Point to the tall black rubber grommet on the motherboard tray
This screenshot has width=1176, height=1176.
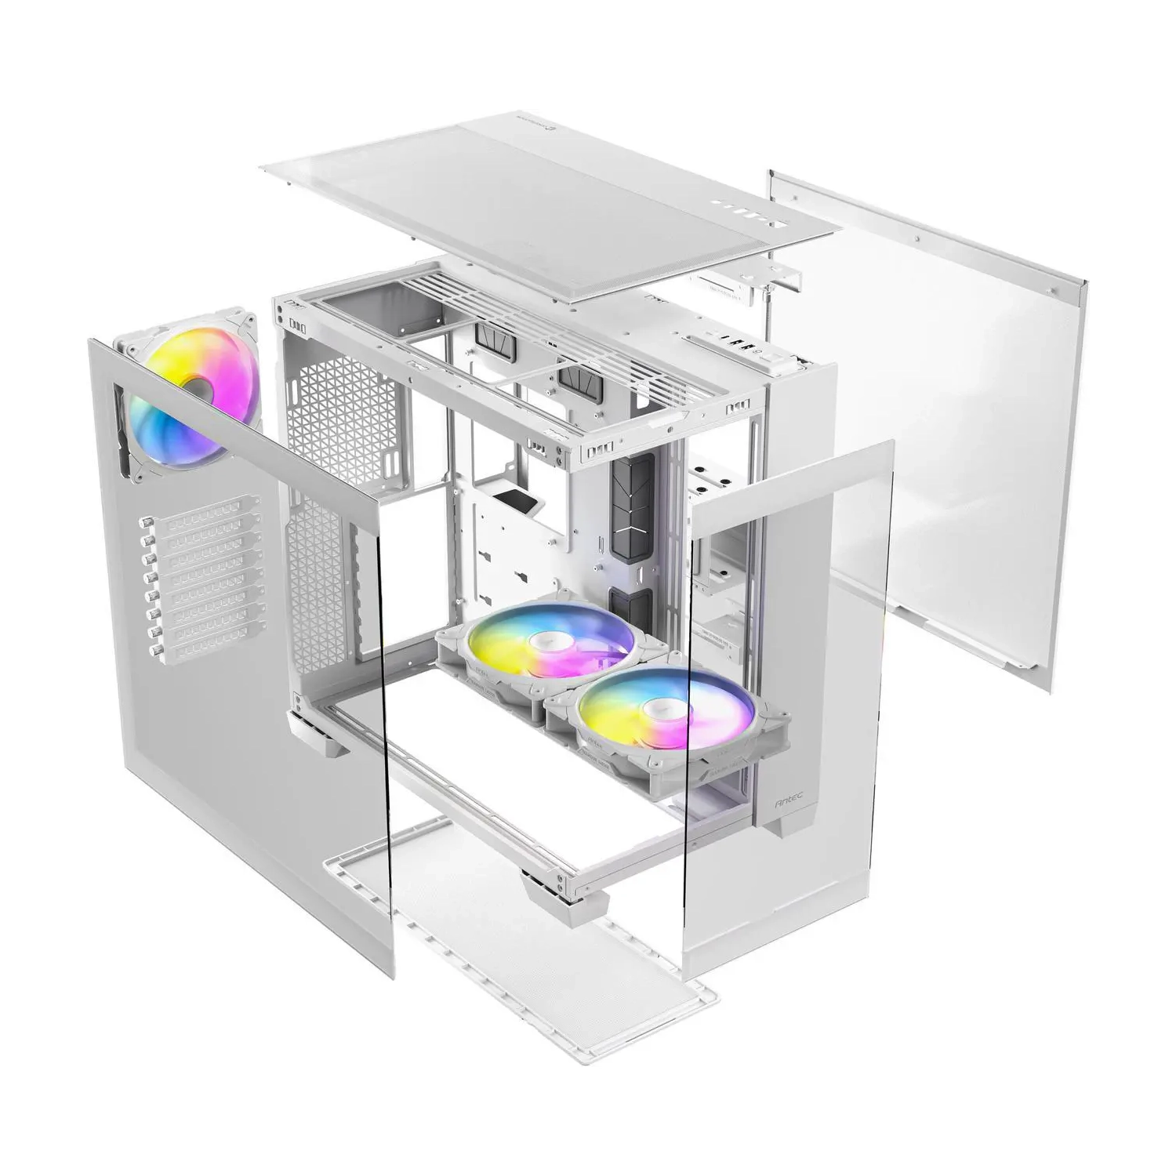point(632,508)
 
